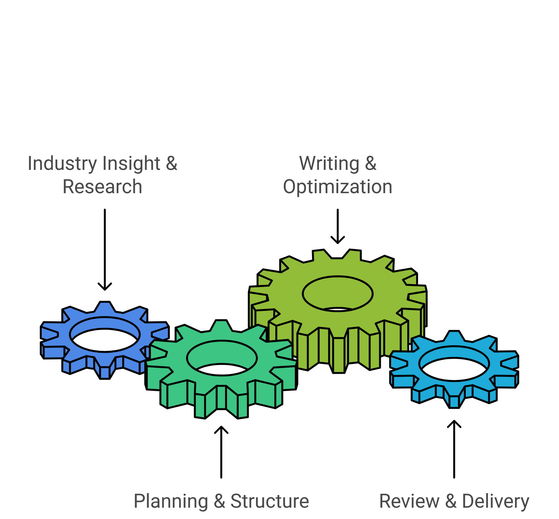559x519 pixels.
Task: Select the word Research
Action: [103, 187]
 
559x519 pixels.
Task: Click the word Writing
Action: [329, 163]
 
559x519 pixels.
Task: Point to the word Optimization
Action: [338, 187]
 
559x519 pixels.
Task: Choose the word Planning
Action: [170, 502]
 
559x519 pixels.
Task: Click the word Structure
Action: [270, 502]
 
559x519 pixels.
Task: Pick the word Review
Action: [409, 502]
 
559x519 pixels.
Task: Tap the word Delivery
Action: [496, 502]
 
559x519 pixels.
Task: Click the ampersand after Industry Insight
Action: [172, 163]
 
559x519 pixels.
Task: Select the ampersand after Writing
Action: [371, 163]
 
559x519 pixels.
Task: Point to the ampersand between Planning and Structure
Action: [219, 502]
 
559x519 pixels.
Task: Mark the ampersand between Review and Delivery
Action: [451, 502]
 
